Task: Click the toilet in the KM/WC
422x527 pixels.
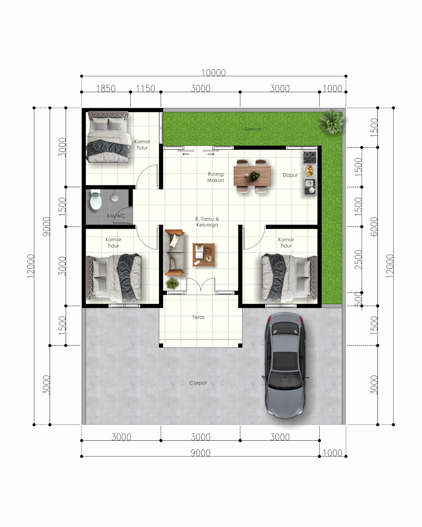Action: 95,199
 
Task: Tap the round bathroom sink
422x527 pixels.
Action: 114,198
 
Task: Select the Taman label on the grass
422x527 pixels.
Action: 253,129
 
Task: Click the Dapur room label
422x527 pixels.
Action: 290,175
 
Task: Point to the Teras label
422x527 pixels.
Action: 198,317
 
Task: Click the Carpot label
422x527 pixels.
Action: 198,383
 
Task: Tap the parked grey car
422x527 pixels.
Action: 285,365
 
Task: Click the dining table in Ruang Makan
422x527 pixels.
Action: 252,176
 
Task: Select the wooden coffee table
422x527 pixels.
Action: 204,255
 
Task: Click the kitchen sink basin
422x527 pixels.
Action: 309,183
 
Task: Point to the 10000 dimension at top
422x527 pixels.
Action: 213,73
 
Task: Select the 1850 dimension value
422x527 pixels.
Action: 106,89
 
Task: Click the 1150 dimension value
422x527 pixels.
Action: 145,89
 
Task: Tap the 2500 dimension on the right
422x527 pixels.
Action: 358,259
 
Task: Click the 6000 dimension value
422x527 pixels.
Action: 374,226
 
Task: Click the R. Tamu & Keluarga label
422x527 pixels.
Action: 207,222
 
